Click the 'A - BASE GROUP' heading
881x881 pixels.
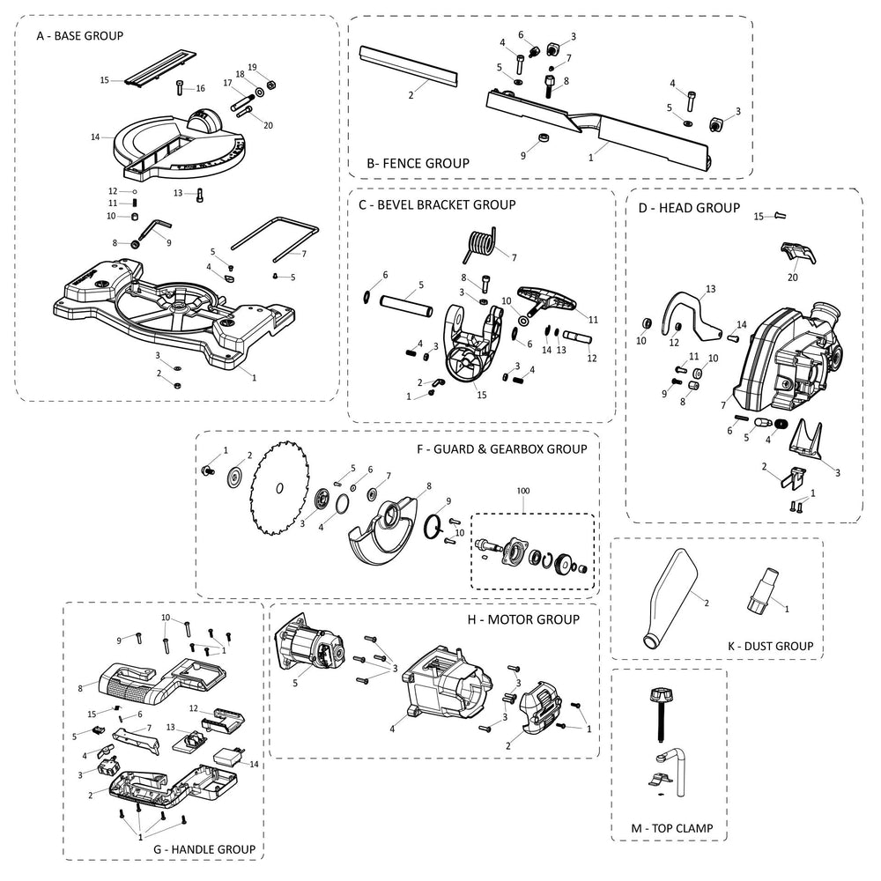tap(80, 36)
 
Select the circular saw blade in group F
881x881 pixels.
tap(278, 488)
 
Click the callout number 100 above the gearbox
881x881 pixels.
tap(522, 491)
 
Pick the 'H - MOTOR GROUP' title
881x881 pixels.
tap(523, 619)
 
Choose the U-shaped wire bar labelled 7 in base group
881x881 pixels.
tap(275, 239)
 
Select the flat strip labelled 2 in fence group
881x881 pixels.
tap(409, 68)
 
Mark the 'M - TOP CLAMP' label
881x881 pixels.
tap(672, 828)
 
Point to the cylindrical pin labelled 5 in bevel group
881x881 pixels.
tap(406, 305)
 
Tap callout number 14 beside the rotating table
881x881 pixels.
tap(95, 137)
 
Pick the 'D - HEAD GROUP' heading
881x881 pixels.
tap(689, 208)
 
